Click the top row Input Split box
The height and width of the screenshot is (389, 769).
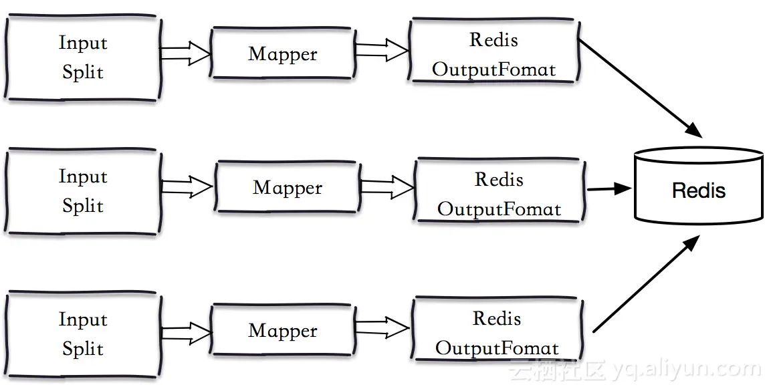click(x=82, y=57)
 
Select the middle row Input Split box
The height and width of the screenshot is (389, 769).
click(x=82, y=191)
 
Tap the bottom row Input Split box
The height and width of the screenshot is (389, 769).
click(x=82, y=334)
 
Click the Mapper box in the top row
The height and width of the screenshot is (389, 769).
click(x=282, y=54)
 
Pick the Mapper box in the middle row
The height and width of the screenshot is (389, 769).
click(x=287, y=188)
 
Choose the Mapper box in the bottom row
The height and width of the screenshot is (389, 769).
click(x=282, y=331)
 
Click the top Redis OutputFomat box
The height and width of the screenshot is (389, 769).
click(x=493, y=54)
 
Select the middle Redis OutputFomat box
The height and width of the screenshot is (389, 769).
click(x=499, y=194)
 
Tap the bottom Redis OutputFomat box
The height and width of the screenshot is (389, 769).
click(x=497, y=333)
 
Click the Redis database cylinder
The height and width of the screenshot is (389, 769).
click(x=698, y=187)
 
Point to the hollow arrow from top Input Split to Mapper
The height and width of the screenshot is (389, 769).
click(x=185, y=53)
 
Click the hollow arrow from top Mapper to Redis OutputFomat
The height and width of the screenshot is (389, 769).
click(x=381, y=49)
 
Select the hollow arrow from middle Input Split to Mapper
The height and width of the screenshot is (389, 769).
click(x=187, y=187)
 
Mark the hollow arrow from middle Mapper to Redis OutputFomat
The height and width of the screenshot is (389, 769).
click(x=387, y=186)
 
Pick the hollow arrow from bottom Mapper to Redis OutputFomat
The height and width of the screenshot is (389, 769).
click(x=381, y=328)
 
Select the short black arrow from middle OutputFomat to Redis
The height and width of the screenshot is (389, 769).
click(x=609, y=189)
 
